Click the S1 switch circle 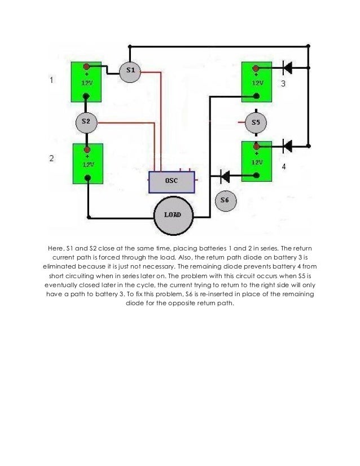click(130, 71)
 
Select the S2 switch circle click(86, 121)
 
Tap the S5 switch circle click(256, 122)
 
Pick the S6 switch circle click(225, 200)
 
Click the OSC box click(172, 181)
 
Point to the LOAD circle click(174, 216)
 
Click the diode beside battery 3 click(286, 68)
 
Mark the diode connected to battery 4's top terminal click(286, 146)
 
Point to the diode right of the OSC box click(224, 177)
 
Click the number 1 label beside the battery click(52, 81)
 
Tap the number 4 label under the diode click(284, 167)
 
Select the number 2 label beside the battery click(52, 159)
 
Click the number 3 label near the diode click(284, 84)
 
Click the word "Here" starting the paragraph click(55, 249)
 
